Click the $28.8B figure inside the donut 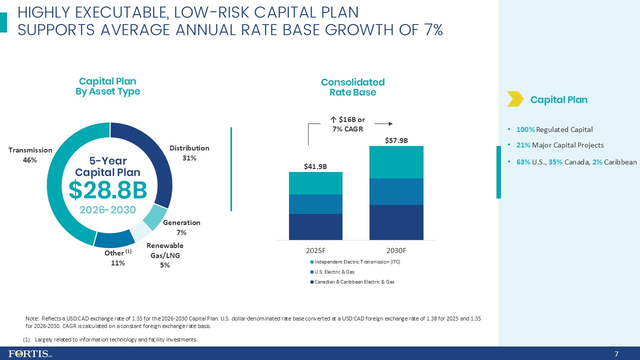(107, 190)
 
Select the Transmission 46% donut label (30, 154)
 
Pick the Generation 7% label (181, 227)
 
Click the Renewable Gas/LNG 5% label (165, 255)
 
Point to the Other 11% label (117, 258)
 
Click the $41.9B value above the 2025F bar (315, 166)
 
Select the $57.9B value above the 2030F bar (396, 140)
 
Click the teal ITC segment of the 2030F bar (396, 162)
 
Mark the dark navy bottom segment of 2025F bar (315, 226)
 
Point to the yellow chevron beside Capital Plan (515, 99)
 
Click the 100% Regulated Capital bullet (554, 129)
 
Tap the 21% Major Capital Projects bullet (559, 145)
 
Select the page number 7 (616, 354)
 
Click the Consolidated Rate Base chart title (352, 87)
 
